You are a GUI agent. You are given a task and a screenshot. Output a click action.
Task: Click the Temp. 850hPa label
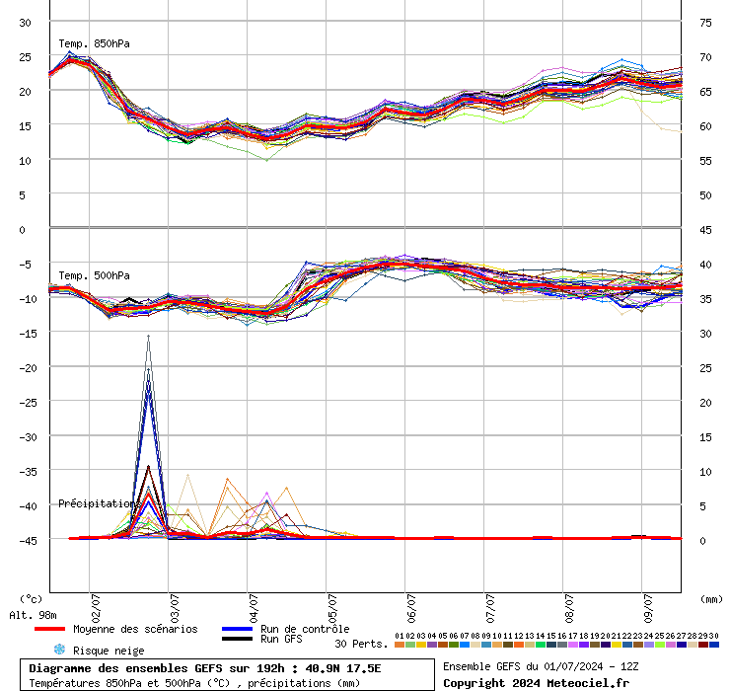coord(94,43)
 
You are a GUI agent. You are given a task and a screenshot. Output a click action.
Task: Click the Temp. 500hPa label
coord(94,275)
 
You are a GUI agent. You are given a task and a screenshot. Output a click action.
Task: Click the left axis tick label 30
coord(26,22)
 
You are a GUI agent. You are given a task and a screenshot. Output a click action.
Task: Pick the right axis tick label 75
coord(706,22)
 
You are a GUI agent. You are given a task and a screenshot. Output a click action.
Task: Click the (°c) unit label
coord(32,598)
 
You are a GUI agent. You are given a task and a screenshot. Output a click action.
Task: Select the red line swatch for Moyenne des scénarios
coord(49,629)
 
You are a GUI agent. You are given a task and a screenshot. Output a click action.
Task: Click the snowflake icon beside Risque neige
coord(58,651)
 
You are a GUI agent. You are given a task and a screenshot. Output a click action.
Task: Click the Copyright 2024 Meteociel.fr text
coord(536,683)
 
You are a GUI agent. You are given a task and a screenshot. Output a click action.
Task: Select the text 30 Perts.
coord(361,644)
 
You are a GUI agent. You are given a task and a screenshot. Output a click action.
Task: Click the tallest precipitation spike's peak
coord(149,337)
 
